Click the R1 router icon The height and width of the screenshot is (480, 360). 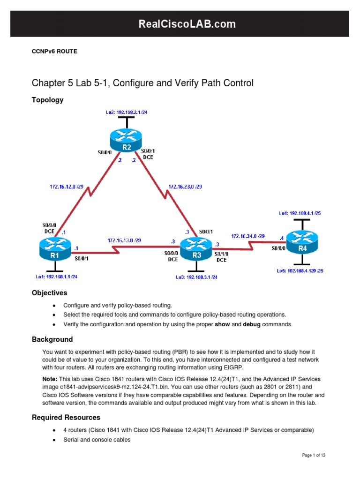55,249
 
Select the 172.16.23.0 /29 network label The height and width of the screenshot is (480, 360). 185,186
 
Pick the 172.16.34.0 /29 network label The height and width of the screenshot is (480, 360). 248,236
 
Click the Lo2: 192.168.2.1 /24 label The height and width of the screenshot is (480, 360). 124,112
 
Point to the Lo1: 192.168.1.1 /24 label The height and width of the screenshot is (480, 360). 56,277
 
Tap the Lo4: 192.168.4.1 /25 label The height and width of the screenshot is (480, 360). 300,213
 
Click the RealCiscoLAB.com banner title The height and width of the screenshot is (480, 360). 180,24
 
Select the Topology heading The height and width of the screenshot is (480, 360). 47,100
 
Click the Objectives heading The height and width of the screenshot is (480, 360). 49,293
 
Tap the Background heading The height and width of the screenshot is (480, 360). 52,339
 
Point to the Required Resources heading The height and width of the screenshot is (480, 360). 66,417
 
